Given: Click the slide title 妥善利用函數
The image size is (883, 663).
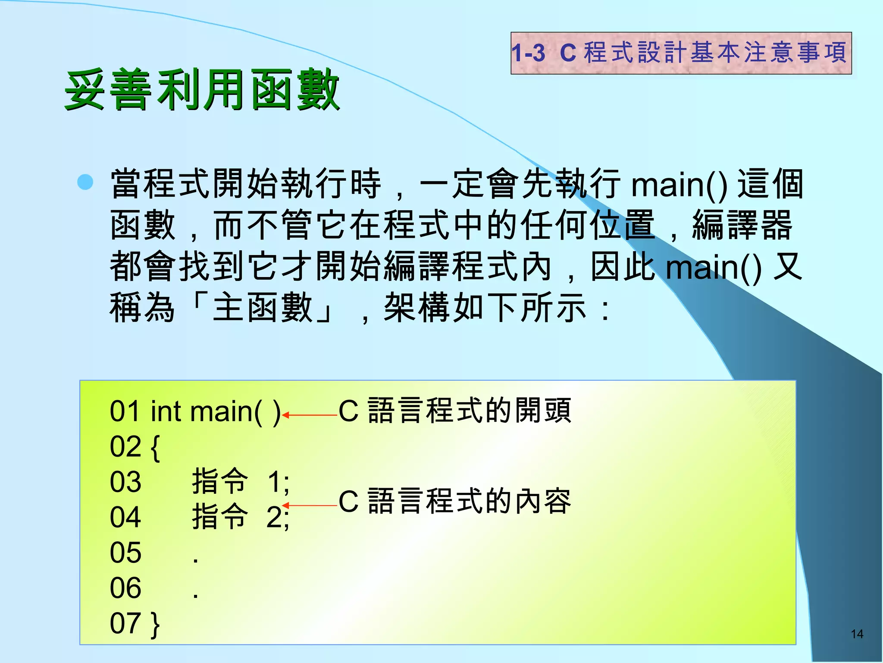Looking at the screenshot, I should pos(202,90).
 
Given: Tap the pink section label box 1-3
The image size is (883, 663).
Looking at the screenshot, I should pos(681,53).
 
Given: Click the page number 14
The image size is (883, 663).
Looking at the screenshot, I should pos(857,634).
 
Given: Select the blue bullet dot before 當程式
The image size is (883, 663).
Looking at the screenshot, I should pos(85,182).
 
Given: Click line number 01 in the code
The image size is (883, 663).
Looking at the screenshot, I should pos(125,411).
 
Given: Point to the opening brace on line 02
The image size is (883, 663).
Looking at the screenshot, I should pos(156,448).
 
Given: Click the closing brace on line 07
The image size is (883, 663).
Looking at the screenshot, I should pos(156,625).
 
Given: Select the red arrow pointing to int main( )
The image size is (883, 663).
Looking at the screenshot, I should pos(309,415).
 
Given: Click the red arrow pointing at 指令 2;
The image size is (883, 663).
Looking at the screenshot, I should pos(309,505).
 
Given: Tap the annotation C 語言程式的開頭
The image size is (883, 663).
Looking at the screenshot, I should pos(455,410).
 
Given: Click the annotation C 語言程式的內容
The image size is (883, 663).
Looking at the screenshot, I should pos(455,502).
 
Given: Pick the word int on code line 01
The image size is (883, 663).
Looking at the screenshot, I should pos(166,411).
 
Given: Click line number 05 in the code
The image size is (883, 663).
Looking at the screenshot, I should pos(125,552).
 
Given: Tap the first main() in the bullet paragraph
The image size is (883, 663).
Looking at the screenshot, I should pos(679,185).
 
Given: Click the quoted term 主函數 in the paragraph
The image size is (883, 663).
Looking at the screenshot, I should pos(263,307).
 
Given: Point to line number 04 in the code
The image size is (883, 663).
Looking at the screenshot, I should pos(125,517).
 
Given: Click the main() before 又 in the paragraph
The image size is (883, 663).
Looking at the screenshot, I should pos(714,268).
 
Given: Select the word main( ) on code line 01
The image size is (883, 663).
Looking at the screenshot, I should pos(235,412).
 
